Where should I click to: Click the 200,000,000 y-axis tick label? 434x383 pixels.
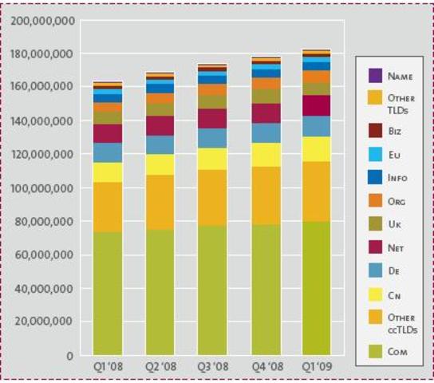pyautogui.click(x=46, y=20)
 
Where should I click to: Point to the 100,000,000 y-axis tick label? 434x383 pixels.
pyautogui.click(x=46, y=188)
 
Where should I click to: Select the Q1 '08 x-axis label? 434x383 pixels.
pyautogui.click(x=108, y=367)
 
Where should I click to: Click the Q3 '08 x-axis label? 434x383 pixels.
pyautogui.click(x=212, y=367)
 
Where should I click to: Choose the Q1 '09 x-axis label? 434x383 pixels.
pyautogui.click(x=317, y=367)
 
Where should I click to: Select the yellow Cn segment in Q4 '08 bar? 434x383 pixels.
pyautogui.click(x=265, y=155)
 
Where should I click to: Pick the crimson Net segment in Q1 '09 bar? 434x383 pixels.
pyautogui.click(x=317, y=105)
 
